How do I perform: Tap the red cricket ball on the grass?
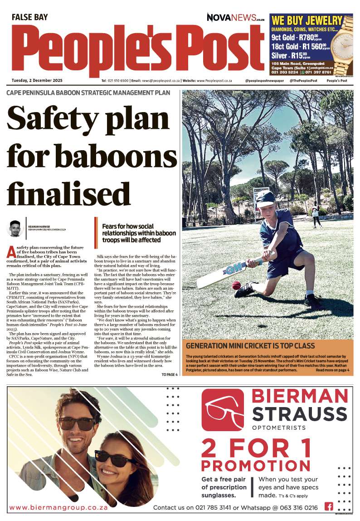point(236,285)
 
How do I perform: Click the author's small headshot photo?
point(16,228)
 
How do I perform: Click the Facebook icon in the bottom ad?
point(329,506)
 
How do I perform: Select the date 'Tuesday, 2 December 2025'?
point(37,81)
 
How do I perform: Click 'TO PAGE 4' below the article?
point(170,374)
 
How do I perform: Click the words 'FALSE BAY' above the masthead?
point(29,17)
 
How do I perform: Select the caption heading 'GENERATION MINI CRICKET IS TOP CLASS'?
point(250,346)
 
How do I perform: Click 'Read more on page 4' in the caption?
point(332,370)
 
